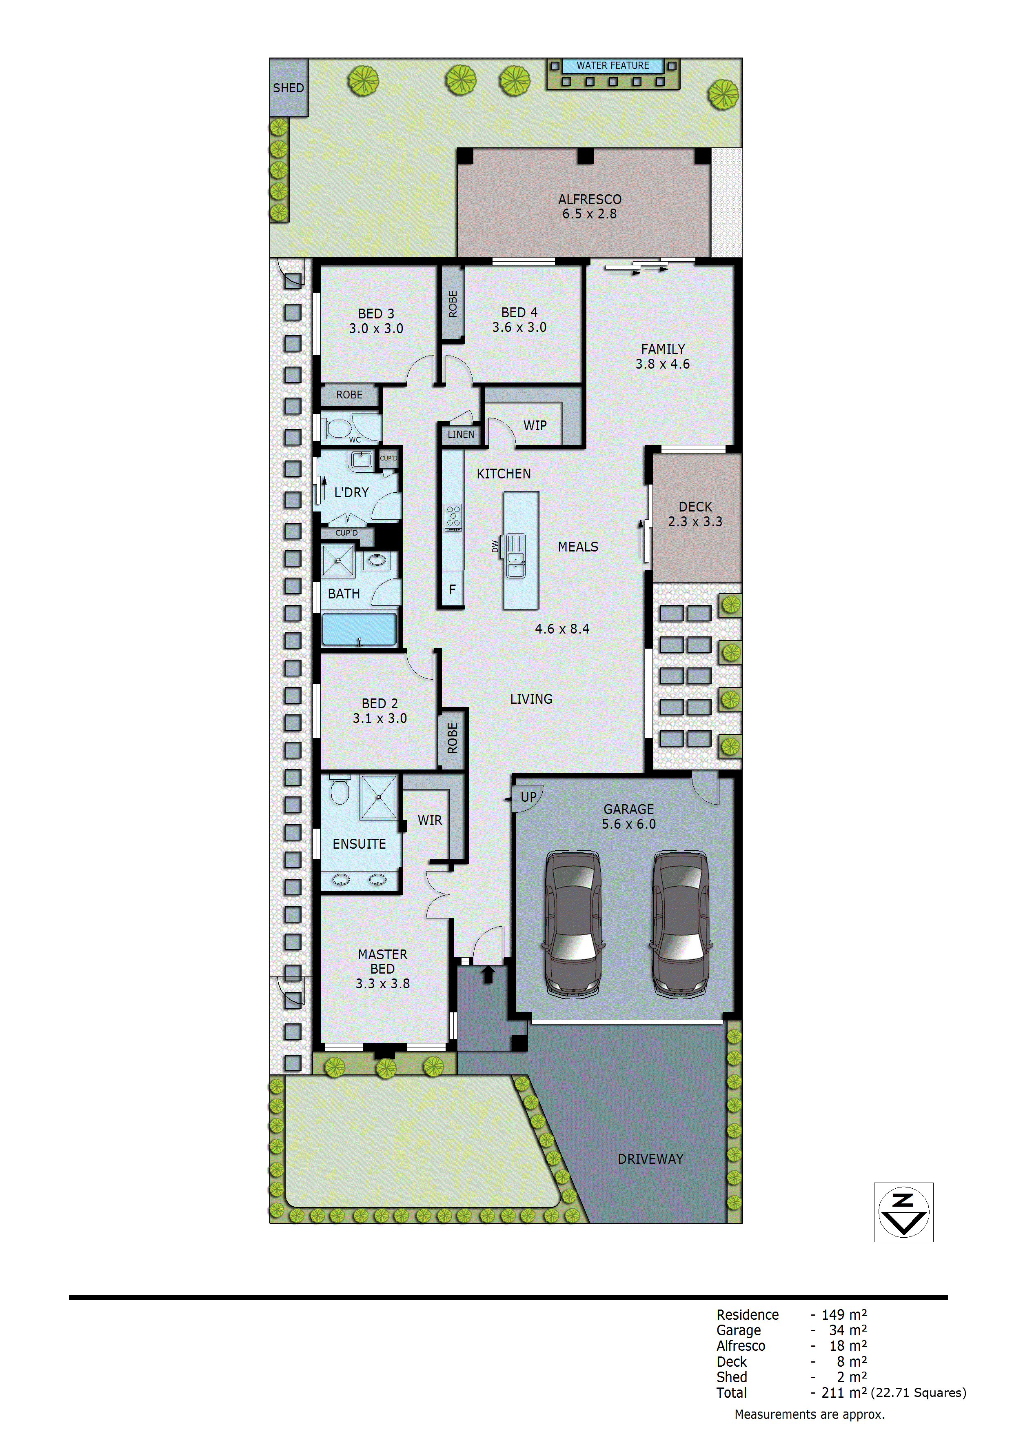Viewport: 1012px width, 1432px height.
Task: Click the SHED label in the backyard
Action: click(x=288, y=88)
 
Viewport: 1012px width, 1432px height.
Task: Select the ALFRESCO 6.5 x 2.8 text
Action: click(x=589, y=207)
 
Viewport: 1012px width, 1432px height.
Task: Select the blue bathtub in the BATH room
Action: click(x=359, y=629)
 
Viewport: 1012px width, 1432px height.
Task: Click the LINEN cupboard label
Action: click(x=461, y=435)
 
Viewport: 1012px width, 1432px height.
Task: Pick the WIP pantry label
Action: click(x=535, y=425)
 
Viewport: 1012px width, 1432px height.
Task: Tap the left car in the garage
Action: click(x=573, y=924)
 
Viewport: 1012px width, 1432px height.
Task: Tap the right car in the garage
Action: click(x=680, y=924)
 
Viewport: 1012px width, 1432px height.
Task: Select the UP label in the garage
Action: click(x=528, y=797)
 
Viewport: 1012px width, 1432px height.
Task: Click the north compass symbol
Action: click(x=903, y=1212)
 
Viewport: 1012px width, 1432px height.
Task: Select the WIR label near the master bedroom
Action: click(x=430, y=820)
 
